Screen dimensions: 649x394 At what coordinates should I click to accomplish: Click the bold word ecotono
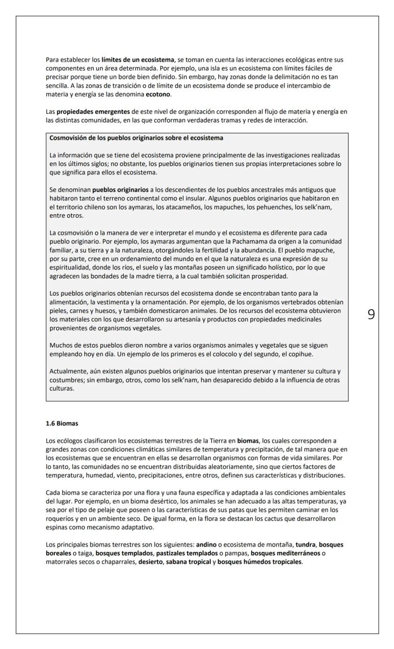158,94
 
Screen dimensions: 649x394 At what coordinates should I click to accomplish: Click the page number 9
371,314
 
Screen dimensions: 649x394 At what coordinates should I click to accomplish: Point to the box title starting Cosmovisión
136,138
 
